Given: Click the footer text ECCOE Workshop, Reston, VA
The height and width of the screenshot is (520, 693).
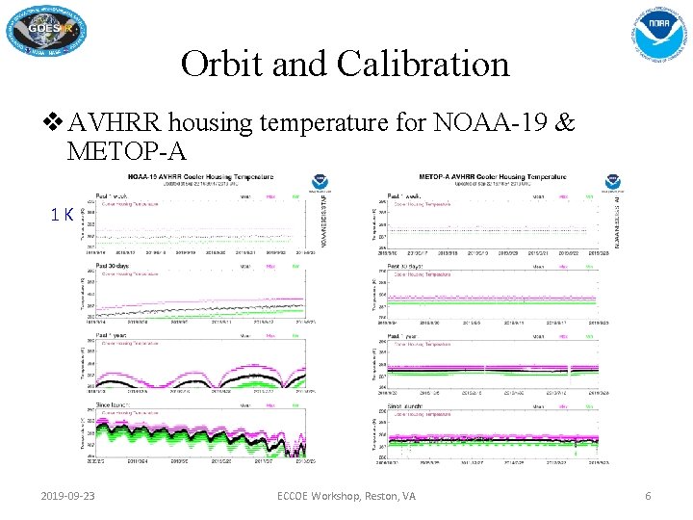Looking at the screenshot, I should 346,496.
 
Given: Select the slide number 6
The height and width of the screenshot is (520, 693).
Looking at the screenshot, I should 648,496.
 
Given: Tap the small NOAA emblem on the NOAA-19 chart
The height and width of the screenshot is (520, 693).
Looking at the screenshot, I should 318,183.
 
